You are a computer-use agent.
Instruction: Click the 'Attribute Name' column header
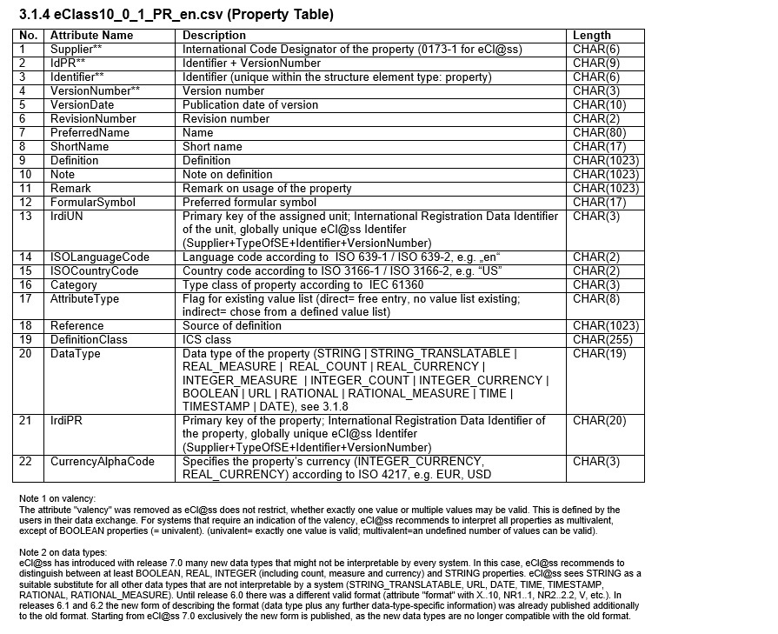91,36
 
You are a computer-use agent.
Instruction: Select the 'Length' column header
592,36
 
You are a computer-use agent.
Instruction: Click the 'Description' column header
214,36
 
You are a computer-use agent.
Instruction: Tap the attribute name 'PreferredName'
90,133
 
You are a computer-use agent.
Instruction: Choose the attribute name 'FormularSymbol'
93,203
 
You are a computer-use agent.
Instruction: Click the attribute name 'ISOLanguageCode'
100,257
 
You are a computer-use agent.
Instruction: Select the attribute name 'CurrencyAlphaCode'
103,462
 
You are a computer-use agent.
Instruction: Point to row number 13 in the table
26,217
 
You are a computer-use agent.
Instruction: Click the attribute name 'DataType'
76,354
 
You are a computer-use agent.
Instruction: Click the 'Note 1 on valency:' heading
57,498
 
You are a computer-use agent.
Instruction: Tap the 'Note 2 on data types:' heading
63,552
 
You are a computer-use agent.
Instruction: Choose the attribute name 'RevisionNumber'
93,119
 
